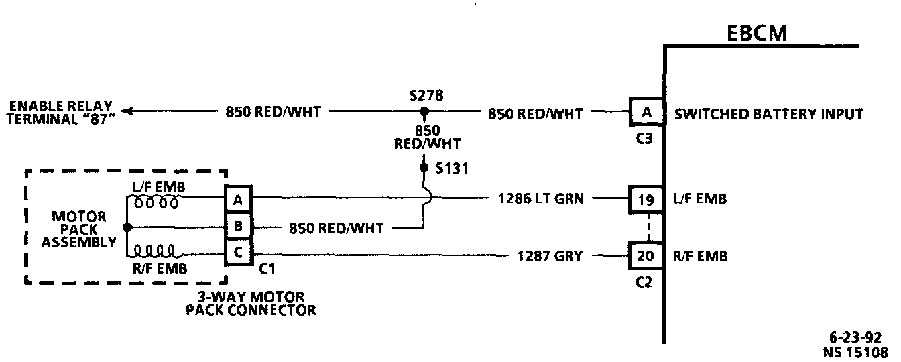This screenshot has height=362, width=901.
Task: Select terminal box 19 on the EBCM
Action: [646, 199]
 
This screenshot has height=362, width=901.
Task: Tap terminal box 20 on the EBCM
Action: [646, 256]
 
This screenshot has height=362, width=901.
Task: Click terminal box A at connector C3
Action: [646, 113]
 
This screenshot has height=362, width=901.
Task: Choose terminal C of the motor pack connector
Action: [238, 253]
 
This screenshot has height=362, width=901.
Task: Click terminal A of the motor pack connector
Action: [238, 199]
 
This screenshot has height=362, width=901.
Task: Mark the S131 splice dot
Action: [423, 166]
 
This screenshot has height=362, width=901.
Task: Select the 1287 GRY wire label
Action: [550, 255]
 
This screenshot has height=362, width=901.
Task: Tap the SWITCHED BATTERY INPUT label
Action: [768, 114]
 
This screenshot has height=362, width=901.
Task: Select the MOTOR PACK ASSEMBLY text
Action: [79, 229]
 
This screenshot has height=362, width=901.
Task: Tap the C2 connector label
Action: [643, 282]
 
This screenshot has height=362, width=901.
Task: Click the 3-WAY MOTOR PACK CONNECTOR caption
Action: [251, 303]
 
